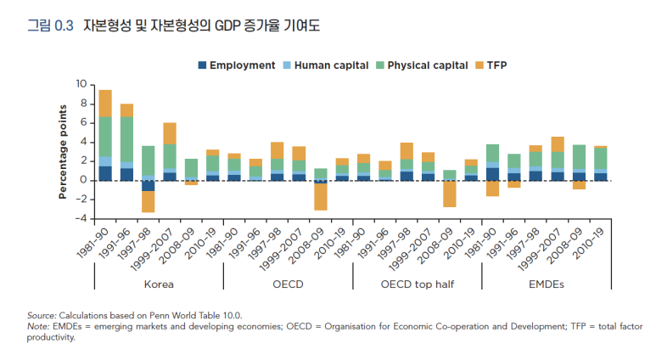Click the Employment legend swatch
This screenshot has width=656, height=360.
point(202,65)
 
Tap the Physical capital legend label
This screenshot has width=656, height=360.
point(424,65)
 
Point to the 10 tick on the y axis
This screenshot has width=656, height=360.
point(81,84)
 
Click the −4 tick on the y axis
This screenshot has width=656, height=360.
point(81,218)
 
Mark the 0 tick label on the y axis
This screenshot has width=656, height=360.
point(84,180)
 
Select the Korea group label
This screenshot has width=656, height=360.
point(159,284)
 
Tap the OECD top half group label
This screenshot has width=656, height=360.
point(418,284)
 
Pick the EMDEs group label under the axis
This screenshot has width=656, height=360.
point(547,284)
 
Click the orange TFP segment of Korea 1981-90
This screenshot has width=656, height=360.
point(105,103)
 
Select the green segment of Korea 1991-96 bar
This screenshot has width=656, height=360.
point(126,139)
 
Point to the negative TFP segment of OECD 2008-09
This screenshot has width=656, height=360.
point(320,196)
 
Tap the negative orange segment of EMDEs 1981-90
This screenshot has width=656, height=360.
point(493,188)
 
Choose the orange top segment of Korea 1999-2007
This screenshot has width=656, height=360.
point(170,133)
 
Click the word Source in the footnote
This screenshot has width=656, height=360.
point(42,314)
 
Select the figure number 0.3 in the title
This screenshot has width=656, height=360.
point(64,25)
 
